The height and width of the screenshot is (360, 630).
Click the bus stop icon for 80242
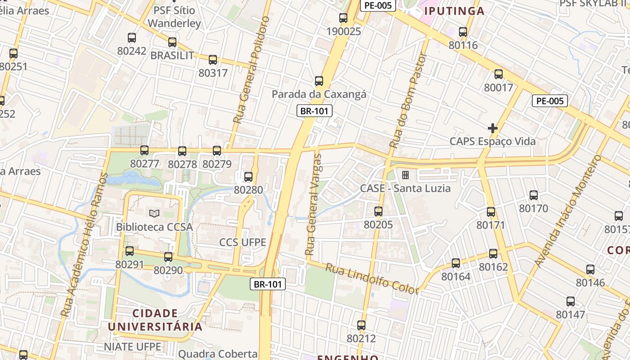pos(132,38)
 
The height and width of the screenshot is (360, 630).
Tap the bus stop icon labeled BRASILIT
pos(172,42)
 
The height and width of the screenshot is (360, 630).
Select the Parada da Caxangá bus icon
pos(319,81)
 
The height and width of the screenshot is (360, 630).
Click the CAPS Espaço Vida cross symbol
pos(493,128)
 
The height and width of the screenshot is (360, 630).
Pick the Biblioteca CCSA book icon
pos(154,213)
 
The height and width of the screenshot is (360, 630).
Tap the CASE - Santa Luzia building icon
pos(405,175)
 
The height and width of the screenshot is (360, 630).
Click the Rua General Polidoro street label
pos(251,70)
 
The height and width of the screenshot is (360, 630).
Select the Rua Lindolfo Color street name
pos(372,279)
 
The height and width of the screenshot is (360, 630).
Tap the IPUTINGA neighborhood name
pos(454,11)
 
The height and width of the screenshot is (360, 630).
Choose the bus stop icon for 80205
pos(378,211)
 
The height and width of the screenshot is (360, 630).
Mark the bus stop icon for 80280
pos(248,177)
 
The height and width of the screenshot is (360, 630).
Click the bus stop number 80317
pos(213,73)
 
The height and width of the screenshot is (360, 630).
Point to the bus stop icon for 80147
pos(571,301)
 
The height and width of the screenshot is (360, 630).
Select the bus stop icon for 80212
pos(361,325)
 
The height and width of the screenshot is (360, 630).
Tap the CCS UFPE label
pos(243,242)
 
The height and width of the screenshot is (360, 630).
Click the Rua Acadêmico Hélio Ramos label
pos(84,245)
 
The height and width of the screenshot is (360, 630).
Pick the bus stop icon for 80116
pos(463,32)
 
